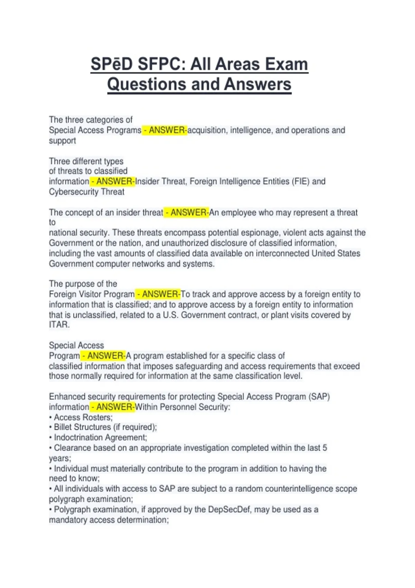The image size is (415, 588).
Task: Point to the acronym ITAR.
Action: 59,325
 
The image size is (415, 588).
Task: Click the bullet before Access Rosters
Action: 50,417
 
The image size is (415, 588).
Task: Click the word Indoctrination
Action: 77,438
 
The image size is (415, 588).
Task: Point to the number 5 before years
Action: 324,448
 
